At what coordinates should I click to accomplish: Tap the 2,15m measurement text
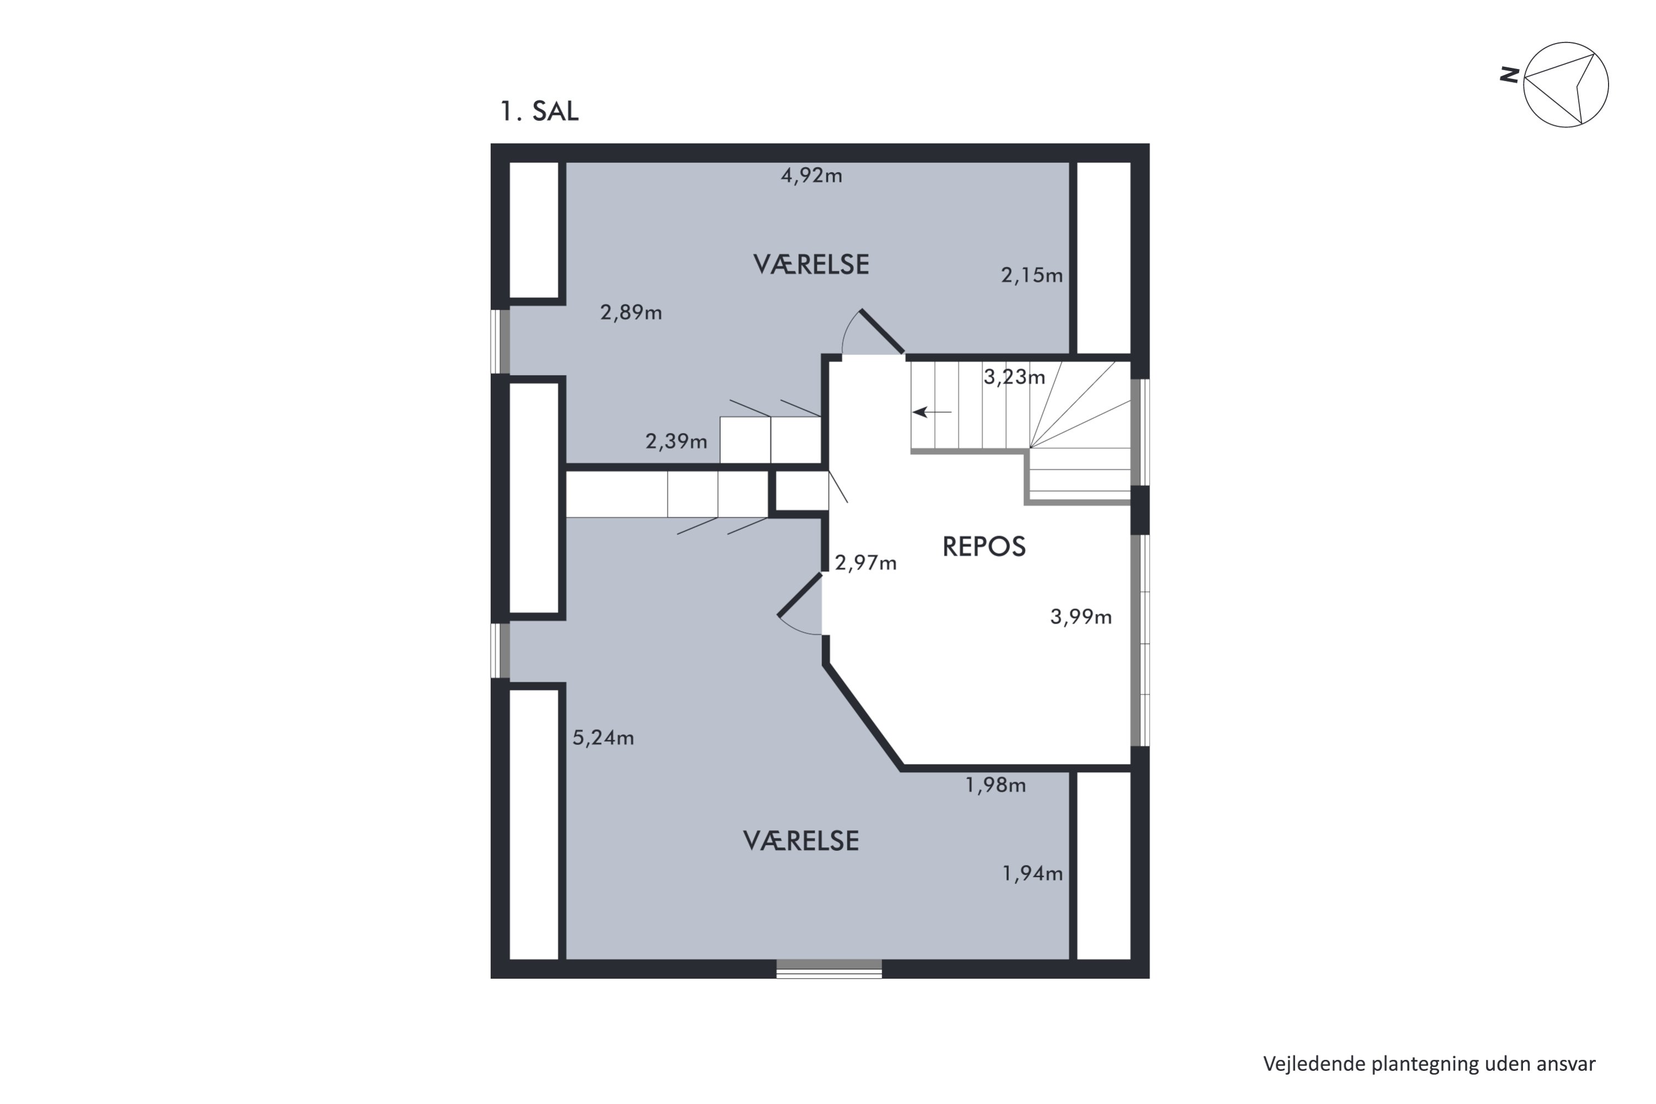point(1032,275)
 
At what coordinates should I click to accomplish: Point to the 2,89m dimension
point(631,312)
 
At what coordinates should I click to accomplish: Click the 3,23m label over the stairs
point(1014,378)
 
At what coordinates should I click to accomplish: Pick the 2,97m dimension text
point(866,562)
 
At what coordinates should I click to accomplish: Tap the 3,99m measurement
point(1081,618)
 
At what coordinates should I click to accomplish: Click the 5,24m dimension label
point(603,738)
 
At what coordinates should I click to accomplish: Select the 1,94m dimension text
point(1032,874)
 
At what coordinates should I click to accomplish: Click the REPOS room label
point(984,547)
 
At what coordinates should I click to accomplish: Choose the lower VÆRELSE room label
point(802,841)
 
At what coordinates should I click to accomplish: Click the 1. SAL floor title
point(539,112)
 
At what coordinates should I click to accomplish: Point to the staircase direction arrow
point(932,412)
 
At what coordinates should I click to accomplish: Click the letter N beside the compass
point(1508,75)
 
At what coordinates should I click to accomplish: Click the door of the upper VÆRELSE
point(882,331)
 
